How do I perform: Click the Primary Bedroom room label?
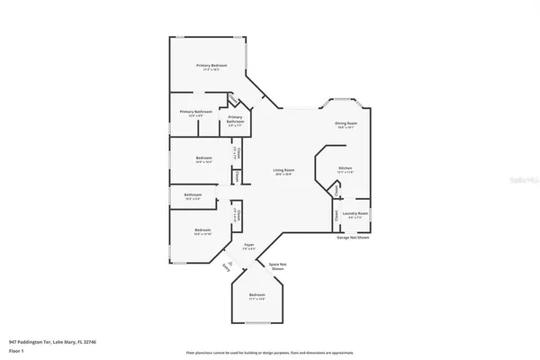pyautogui.click(x=212, y=66)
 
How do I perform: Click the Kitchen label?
pyautogui.click(x=345, y=168)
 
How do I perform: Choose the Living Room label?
pyautogui.click(x=285, y=169)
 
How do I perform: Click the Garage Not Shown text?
pyautogui.click(x=353, y=238)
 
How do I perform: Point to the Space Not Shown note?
pyautogui.click(x=277, y=266)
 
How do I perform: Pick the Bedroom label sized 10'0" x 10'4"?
pyautogui.click(x=203, y=158)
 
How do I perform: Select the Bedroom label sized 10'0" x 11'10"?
pyautogui.click(x=203, y=230)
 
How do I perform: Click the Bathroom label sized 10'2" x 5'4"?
pyautogui.click(x=193, y=195)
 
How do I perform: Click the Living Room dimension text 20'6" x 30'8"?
pyautogui.click(x=285, y=175)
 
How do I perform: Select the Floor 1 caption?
pyautogui.click(x=16, y=350)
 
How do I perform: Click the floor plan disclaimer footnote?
pyautogui.click(x=270, y=352)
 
